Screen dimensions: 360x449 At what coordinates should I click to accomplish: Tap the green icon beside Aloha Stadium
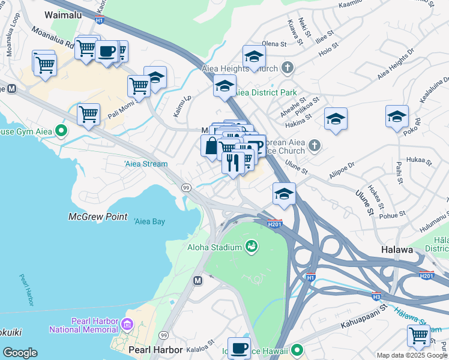(252, 247)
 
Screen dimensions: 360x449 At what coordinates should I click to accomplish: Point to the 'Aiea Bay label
(149, 221)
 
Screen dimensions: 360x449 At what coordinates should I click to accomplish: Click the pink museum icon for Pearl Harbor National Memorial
(126, 325)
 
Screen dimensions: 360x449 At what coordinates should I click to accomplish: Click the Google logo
(20, 353)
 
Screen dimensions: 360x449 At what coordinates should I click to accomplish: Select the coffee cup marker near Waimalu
(107, 52)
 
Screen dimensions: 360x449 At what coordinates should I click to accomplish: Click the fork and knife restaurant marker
(232, 162)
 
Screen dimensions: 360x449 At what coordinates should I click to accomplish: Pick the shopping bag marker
(211, 146)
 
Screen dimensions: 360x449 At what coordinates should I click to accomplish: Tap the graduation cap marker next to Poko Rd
(397, 116)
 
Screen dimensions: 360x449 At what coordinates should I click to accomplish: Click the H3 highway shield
(376, 296)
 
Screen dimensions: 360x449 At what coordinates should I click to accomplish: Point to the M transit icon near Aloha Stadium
(197, 280)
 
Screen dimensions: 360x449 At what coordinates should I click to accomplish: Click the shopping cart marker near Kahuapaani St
(418, 335)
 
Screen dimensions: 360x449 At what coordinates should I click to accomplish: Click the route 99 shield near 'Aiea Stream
(187, 188)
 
